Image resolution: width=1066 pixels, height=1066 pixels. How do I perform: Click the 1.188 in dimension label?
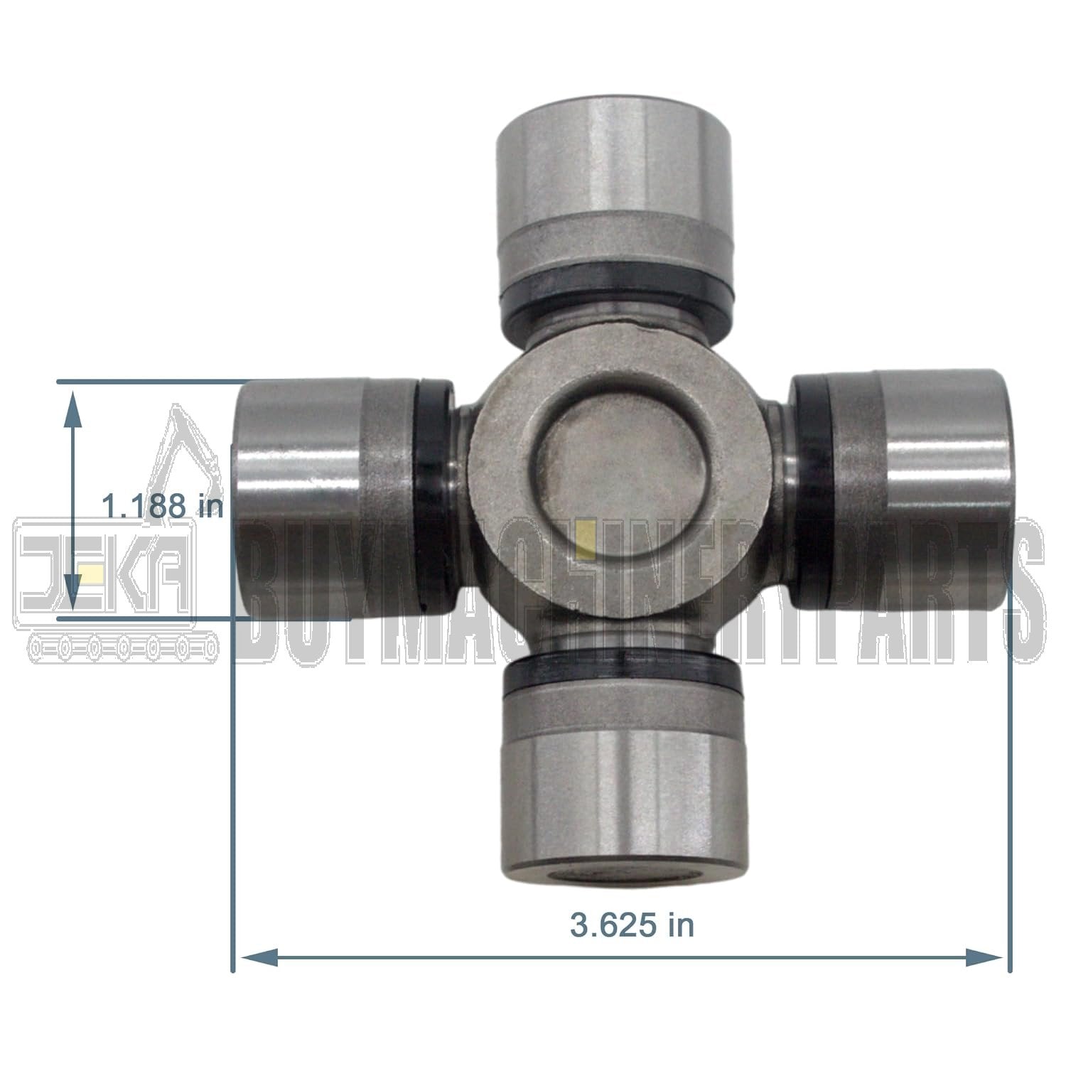coord(162,507)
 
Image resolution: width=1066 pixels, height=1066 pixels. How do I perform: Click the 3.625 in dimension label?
coord(632,925)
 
